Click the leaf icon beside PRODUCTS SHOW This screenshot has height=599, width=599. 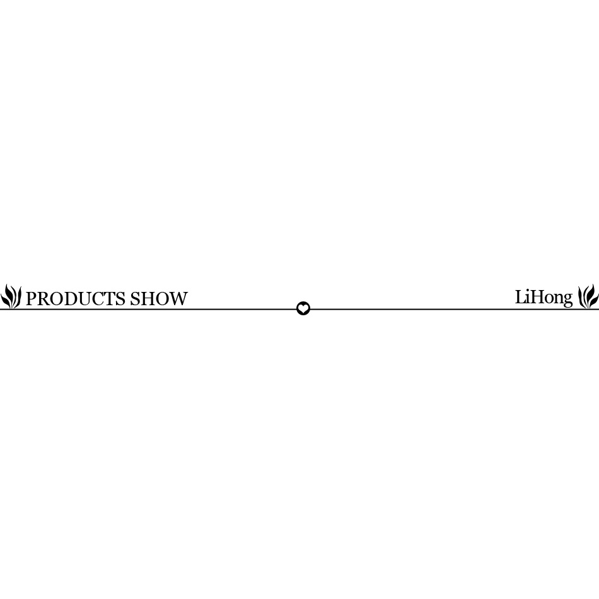pos(11,296)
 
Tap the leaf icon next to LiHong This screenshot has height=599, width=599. pos(588,296)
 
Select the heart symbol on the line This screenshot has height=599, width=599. pos(303,308)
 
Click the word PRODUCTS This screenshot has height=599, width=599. pos(75,299)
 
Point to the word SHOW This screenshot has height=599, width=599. pos(159,299)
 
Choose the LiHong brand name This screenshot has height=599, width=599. pos(544,298)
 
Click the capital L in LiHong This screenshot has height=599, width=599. pos(520,297)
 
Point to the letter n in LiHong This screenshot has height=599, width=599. pos(558,299)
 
